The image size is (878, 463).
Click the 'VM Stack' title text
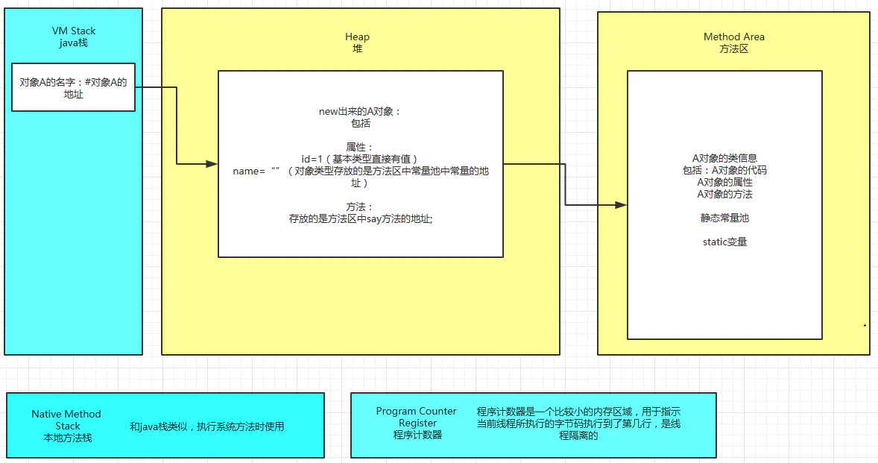73,31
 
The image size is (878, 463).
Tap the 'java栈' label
73,42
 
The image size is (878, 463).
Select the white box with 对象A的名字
73,87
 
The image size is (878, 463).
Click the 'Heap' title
357,37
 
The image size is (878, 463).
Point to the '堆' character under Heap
357,48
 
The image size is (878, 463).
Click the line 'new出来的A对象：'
360,111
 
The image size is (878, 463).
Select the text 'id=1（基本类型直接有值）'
360,159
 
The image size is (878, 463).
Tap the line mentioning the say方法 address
360,218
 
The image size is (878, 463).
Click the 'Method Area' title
733,37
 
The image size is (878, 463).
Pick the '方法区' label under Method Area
733,48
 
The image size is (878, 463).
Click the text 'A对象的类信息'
724,158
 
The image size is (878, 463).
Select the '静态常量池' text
724,218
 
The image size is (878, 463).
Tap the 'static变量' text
724,242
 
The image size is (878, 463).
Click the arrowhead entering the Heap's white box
212,164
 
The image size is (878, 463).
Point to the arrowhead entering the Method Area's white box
621,204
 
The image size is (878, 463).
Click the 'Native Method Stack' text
66,420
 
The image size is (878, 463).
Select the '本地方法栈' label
67,438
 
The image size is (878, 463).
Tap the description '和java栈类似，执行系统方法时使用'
206,426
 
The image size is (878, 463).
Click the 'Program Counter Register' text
417,417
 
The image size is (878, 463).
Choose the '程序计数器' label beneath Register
417,435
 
